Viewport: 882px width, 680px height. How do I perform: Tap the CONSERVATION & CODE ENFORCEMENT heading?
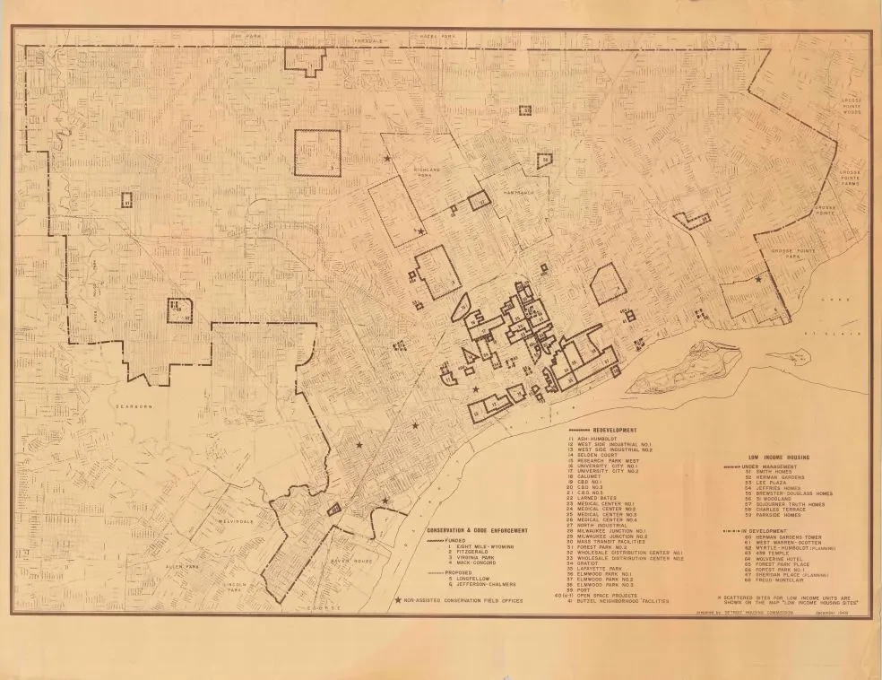(477, 530)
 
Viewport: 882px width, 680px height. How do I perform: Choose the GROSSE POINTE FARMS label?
(850, 176)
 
